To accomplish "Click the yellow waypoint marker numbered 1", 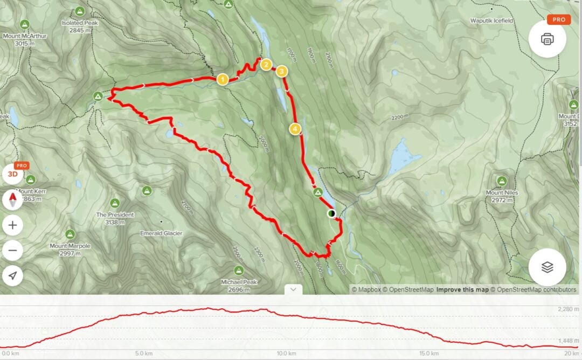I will [221, 80].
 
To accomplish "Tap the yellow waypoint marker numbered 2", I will [265, 65].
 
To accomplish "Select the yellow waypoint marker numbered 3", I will [281, 71].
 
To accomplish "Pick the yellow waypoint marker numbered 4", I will [295, 129].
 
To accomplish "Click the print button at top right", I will [547, 39].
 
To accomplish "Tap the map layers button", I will [547, 267].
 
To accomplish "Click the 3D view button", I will [13, 174].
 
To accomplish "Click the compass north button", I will [13, 200].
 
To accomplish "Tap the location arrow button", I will [13, 276].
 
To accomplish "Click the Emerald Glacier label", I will [161, 233].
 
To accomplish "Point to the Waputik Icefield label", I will [491, 21].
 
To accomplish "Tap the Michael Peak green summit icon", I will [239, 270].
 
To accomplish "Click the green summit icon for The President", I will [114, 203].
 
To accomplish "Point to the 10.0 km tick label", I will [286, 354].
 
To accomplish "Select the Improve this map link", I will [462, 290].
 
